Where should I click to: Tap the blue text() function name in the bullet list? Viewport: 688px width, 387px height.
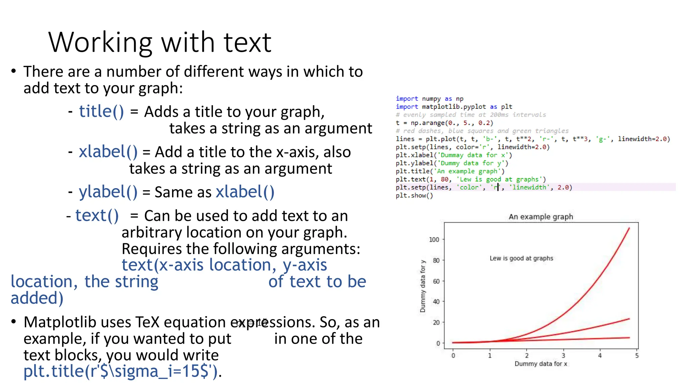coord(97,215)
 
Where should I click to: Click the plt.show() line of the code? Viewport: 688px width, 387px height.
coord(414,196)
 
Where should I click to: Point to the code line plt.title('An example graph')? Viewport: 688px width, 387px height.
coord(450,171)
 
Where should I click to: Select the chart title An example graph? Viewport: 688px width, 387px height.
coord(541,217)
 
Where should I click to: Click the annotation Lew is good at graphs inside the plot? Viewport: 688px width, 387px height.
coord(521,258)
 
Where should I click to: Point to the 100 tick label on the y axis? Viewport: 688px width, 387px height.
coord(434,240)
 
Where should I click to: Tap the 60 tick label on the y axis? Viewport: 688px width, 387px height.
coord(436,281)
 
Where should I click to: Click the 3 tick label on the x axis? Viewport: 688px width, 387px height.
coord(563,355)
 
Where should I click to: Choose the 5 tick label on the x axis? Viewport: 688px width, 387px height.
coord(637,355)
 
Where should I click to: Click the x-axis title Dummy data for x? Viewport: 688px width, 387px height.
coord(541,364)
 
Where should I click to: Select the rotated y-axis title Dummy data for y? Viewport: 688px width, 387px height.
coord(423,286)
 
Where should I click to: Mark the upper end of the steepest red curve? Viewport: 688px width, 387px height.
coord(629,228)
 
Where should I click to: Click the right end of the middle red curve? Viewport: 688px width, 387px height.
coord(629,319)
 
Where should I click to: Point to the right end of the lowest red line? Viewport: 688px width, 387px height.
coord(629,338)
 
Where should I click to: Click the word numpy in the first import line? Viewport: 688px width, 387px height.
coord(431,99)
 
